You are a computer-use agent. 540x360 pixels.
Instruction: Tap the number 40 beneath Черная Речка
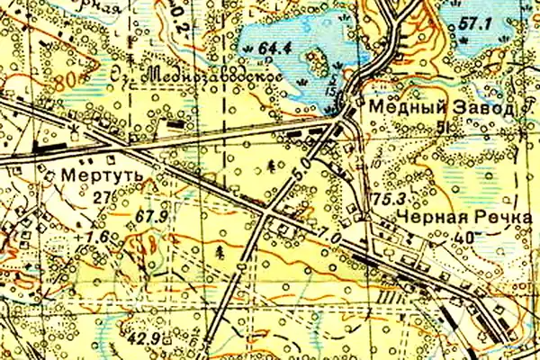coord(466,238)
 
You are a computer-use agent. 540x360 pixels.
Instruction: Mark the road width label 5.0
coord(301,167)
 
